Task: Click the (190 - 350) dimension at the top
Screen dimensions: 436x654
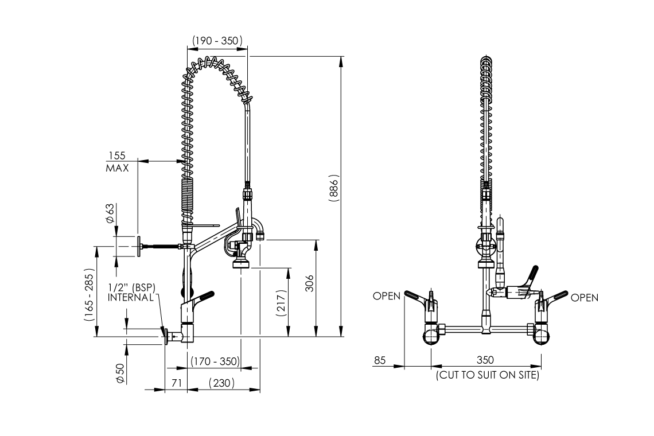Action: (217, 41)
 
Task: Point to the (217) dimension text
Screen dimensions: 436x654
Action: (281, 300)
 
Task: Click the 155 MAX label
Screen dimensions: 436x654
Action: (117, 162)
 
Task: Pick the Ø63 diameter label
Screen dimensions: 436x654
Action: (110, 213)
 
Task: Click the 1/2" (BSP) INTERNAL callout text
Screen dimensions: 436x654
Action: (131, 292)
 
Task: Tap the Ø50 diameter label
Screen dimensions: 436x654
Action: (119, 372)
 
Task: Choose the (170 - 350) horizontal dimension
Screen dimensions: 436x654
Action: (215, 361)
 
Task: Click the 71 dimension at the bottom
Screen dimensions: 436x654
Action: (177, 383)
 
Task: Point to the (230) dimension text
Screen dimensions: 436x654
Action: (222, 383)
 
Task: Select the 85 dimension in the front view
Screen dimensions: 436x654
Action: (380, 360)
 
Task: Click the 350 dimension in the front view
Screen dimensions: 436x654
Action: (485, 360)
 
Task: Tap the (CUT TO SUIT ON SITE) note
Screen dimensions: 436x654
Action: (488, 375)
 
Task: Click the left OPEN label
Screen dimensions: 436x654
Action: (387, 297)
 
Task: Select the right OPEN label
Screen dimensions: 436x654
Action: (585, 297)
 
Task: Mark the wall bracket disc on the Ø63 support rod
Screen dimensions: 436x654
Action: (138, 247)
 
